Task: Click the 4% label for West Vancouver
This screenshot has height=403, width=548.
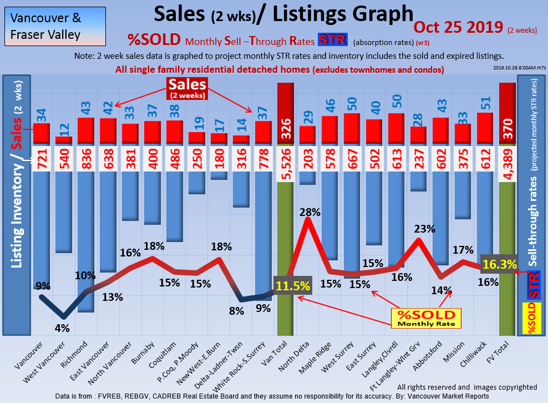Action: pos(62,328)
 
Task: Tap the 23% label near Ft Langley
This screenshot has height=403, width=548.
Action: pos(424,229)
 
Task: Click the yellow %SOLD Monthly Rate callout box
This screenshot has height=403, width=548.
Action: pos(423,318)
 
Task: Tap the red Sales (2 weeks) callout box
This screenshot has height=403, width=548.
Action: pos(187,88)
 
